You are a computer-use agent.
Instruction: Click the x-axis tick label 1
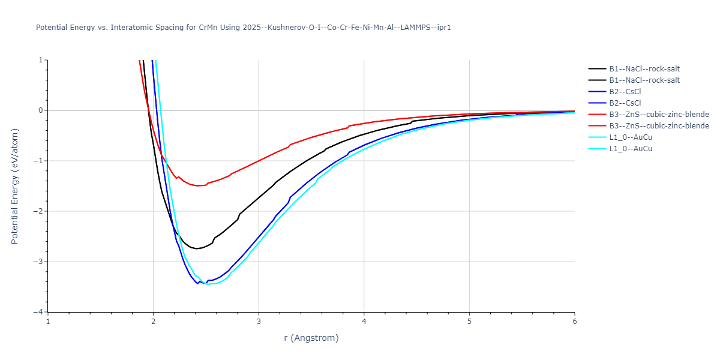[x=48, y=321]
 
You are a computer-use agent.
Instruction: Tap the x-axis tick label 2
[x=154, y=321]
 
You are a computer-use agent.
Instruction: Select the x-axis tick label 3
[x=259, y=321]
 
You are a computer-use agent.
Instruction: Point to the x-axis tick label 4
[x=364, y=321]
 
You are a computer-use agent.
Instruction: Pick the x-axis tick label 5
[x=469, y=321]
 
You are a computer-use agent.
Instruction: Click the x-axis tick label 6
[x=574, y=321]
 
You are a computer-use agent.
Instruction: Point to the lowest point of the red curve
[x=197, y=186]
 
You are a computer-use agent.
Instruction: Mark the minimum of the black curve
[x=197, y=248]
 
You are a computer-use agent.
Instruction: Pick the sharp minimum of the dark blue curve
[x=197, y=283]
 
